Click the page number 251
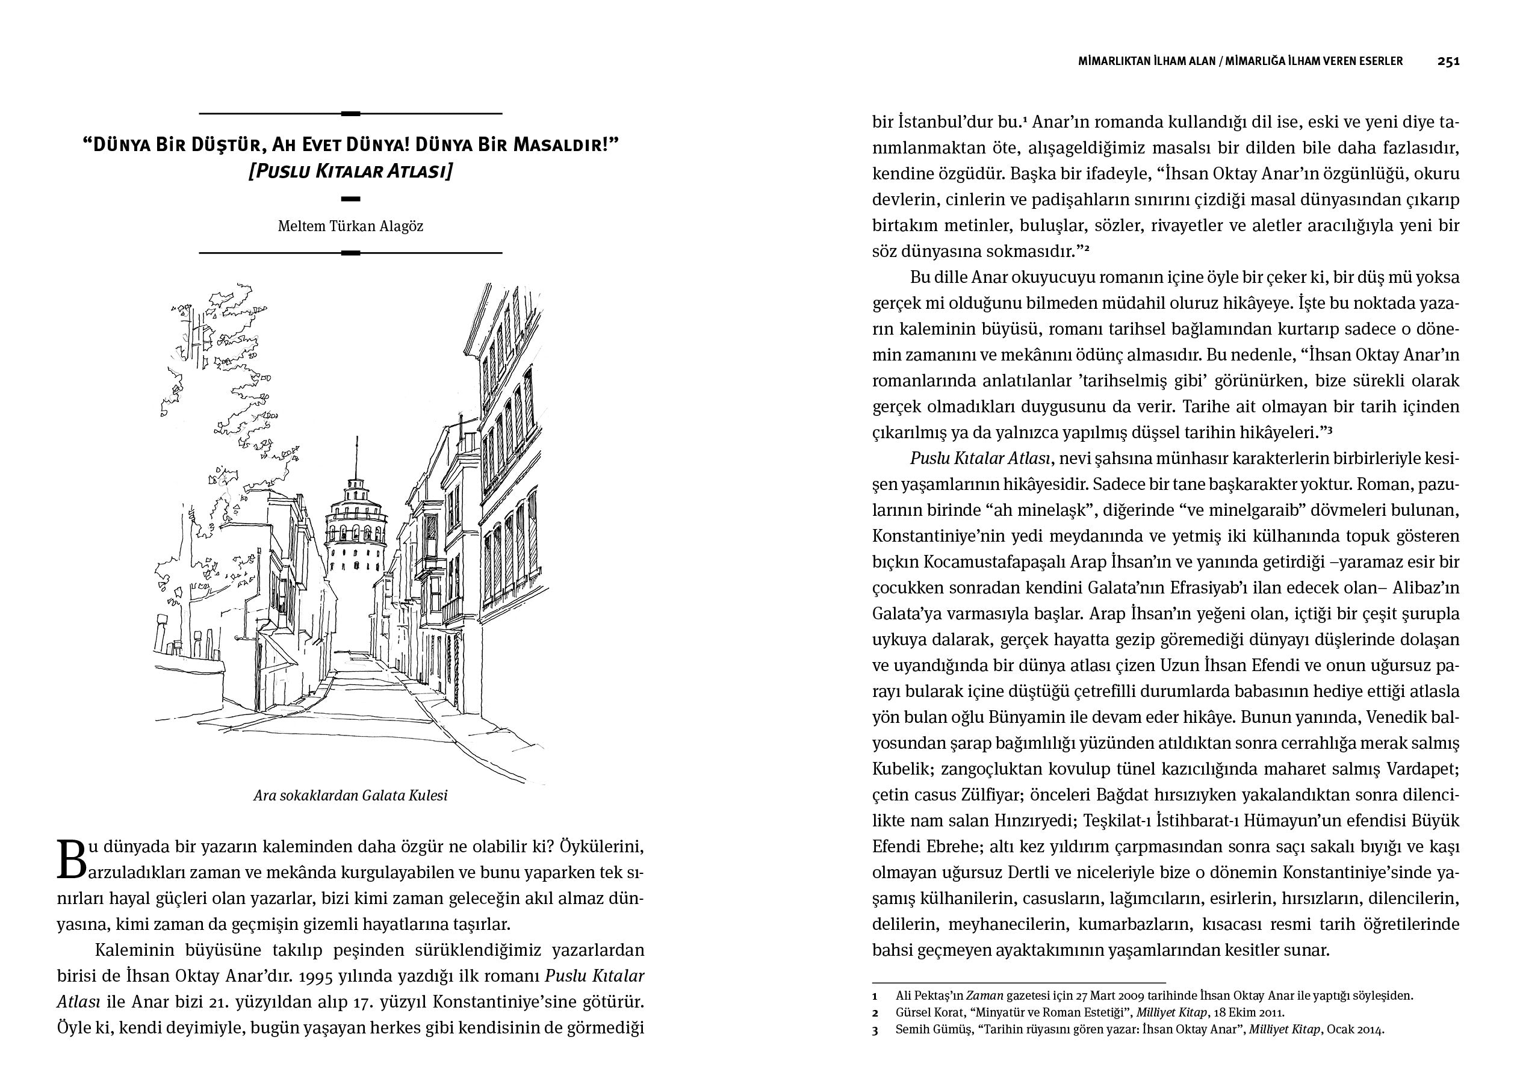1448,61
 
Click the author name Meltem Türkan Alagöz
350,226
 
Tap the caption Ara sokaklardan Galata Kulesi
350,796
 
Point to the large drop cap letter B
71,859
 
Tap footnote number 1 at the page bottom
875,996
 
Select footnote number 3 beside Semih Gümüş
875,1030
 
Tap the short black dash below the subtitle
350,199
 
